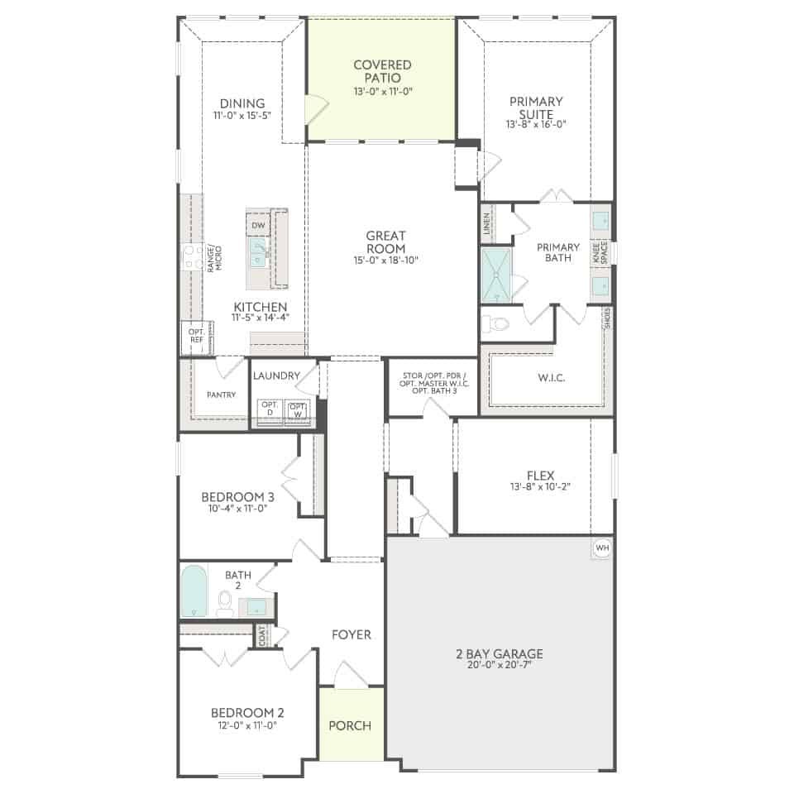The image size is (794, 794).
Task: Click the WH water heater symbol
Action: [x=602, y=548]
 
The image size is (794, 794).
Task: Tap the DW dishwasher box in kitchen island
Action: [x=258, y=225]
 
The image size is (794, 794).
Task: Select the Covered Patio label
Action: [x=382, y=71]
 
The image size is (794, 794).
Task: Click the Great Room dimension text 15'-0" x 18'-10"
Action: [x=386, y=261]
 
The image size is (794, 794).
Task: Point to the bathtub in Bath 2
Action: [x=194, y=591]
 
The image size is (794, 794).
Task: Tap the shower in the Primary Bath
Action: [x=496, y=275]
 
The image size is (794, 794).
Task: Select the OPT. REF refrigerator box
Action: [x=197, y=337]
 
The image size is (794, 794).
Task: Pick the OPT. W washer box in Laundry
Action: [x=297, y=409]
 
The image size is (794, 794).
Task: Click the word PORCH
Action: [x=350, y=725]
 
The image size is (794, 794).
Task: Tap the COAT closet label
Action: [x=262, y=635]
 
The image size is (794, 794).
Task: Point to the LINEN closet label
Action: [x=486, y=222]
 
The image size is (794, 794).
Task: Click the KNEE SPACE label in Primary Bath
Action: [x=600, y=252]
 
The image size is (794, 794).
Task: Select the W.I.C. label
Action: [x=552, y=378]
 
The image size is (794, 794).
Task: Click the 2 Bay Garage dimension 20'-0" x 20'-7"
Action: [x=500, y=665]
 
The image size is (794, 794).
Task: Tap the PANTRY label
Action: [x=222, y=395]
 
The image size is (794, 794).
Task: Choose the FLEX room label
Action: [x=540, y=476]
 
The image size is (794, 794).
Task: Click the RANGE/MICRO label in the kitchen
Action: [x=215, y=259]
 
